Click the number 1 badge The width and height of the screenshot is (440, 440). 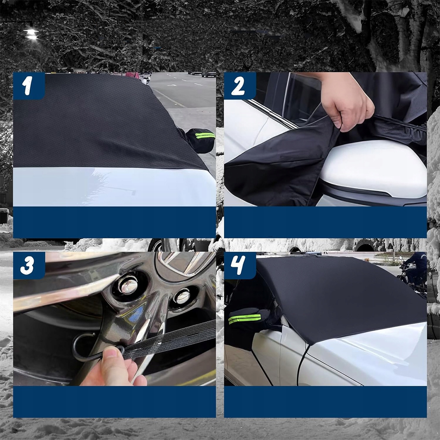29,86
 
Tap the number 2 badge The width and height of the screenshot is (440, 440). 240,86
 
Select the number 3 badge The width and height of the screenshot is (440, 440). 29,265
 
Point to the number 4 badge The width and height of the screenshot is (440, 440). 240,265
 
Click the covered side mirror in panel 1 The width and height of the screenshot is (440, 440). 201,140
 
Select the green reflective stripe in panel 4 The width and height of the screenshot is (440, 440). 245,319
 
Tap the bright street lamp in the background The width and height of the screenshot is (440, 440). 31,34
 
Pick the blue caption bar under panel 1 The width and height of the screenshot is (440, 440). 115,222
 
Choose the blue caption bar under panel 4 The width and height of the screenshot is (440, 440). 325,401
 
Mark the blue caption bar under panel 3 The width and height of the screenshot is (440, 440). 115,401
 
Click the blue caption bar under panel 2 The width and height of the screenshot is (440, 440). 325,222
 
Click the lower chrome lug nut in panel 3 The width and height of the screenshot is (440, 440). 182,296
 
